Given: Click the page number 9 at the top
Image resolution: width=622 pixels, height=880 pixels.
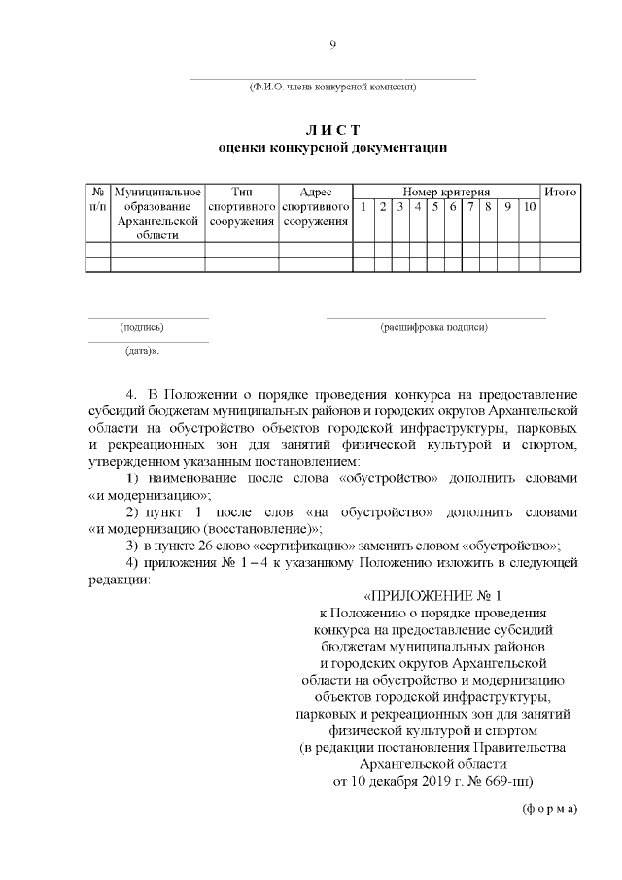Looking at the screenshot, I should [x=332, y=43].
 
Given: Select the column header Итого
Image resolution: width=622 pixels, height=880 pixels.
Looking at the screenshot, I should [x=561, y=192].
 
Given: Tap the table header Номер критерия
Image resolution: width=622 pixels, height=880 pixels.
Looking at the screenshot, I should [x=446, y=192].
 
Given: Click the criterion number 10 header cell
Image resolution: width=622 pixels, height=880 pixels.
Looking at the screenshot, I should [x=529, y=207].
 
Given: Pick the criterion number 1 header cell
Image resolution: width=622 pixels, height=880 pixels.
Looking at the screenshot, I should [x=362, y=207].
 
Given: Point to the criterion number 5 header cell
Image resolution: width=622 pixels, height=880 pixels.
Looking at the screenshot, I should [x=435, y=207].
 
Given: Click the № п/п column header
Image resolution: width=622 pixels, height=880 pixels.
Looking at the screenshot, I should [x=98, y=199].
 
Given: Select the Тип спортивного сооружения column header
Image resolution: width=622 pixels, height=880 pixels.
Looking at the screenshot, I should [x=242, y=206].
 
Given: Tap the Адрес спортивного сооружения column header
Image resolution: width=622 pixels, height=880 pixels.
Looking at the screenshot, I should [x=316, y=206].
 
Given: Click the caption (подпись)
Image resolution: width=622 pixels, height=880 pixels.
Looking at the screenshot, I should [x=142, y=327].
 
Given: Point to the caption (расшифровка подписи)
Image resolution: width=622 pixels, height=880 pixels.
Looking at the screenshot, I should [x=434, y=327].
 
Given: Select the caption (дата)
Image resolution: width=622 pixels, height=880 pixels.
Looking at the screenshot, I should [x=142, y=350].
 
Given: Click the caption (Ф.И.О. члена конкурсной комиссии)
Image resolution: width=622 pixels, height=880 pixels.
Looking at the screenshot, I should [x=332, y=88].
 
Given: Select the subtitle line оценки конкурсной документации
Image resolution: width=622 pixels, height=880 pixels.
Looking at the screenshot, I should [x=332, y=148].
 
